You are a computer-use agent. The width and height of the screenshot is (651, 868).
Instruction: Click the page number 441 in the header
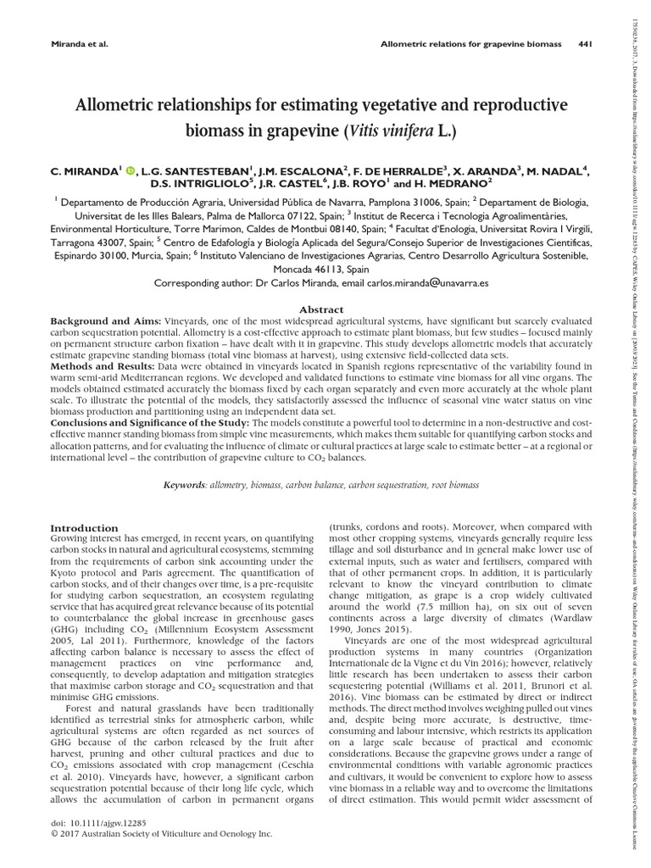click(x=584, y=44)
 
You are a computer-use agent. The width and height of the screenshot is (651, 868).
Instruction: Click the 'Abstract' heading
click(x=325, y=310)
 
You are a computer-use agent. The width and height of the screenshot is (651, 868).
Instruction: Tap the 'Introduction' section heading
click(x=86, y=528)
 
